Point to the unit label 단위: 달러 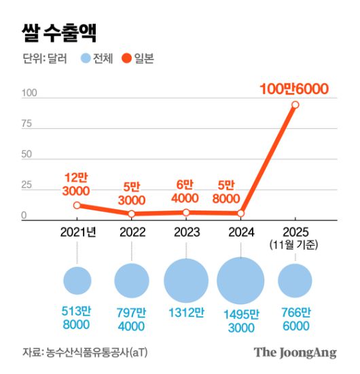44,59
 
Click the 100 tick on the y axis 29,92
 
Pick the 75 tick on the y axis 27,124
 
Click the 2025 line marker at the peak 295,105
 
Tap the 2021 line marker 77,205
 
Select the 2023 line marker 185,212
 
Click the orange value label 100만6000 294,88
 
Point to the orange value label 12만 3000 77,183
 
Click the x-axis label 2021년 77,232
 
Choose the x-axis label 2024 240,232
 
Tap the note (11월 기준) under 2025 294,244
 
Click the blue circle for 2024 240,281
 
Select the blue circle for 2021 77,281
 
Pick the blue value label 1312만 185,312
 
